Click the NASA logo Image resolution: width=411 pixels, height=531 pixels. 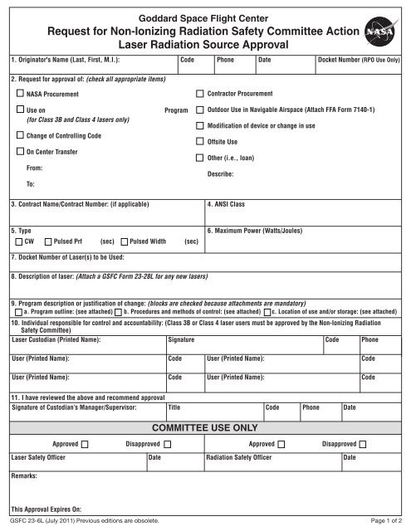point(382,34)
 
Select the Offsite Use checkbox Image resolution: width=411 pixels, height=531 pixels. point(199,141)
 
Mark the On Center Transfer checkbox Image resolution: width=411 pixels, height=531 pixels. point(20,152)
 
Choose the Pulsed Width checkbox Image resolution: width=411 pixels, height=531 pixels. point(125,241)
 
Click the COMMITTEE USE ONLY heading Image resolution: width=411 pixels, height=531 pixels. point(205,428)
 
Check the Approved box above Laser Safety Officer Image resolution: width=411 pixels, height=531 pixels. point(86,445)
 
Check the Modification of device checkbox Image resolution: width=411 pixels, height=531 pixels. point(199,125)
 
